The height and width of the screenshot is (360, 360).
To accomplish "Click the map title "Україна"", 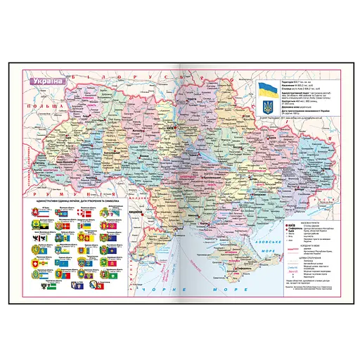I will tap(44, 80).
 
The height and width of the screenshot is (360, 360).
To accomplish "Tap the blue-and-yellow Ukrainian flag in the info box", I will tap(267, 90).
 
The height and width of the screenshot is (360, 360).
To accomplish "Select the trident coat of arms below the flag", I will tap(267, 108).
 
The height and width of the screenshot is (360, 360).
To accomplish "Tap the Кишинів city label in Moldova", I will tap(139, 210).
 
